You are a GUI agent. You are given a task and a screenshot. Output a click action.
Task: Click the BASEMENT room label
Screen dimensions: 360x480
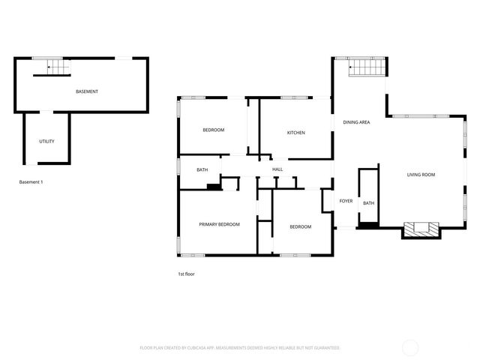tap(87, 91)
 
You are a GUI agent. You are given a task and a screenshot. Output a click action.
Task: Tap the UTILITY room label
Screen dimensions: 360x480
tap(46, 141)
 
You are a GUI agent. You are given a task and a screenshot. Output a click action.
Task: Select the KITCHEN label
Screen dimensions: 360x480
tap(295, 133)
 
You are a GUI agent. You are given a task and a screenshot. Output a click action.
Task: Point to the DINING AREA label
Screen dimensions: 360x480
tap(356, 122)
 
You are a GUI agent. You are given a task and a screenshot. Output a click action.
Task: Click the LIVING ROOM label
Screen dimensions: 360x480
tap(421, 175)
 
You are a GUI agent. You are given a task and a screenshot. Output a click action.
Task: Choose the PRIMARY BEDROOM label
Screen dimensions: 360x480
tap(219, 224)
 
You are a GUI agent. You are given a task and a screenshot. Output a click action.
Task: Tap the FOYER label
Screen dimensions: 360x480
tap(346, 201)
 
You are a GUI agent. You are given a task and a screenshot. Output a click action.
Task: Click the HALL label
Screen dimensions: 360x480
tap(277, 169)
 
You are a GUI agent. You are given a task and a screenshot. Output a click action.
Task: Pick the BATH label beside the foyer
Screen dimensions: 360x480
tap(368, 203)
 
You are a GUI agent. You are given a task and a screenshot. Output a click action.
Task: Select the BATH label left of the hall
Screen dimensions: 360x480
tap(202, 169)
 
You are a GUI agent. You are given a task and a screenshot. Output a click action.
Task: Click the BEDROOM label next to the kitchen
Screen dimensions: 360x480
tap(214, 130)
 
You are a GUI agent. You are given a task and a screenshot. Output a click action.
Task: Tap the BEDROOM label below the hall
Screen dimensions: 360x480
tap(300, 226)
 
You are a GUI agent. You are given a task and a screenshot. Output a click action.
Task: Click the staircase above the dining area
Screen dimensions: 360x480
tap(367, 68)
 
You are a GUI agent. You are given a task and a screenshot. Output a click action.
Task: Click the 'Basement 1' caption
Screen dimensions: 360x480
tap(31, 182)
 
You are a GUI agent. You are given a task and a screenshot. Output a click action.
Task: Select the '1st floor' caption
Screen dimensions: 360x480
tap(186, 274)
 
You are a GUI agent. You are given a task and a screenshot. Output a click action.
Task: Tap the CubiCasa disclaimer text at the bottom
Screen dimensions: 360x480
tap(240, 348)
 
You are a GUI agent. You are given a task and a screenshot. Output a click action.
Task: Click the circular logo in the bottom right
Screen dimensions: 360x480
tap(410, 347)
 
